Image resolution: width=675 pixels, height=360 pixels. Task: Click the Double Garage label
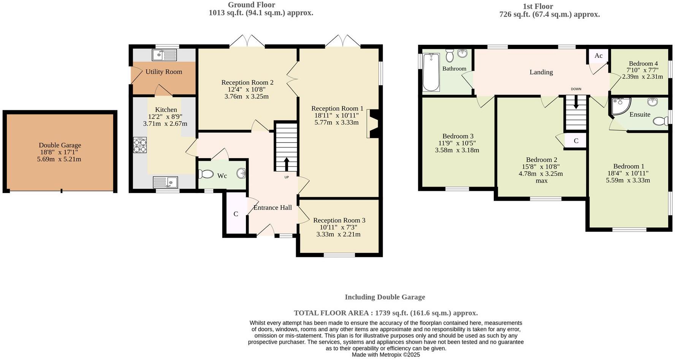(60, 145)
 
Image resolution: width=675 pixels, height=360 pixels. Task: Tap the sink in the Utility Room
(164, 55)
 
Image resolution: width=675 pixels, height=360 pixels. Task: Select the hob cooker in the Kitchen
(139, 145)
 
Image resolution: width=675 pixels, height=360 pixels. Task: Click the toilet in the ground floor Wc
(206, 174)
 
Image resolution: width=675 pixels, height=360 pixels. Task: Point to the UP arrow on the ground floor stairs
(286, 164)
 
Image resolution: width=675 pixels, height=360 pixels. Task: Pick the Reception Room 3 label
(339, 220)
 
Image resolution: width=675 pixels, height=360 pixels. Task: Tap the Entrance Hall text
(273, 208)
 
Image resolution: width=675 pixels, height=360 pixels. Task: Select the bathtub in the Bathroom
(431, 72)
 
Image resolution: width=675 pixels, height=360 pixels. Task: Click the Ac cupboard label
(598, 56)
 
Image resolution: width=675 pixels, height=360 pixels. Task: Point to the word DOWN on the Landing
(576, 89)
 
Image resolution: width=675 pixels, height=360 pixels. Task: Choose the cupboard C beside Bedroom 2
(576, 141)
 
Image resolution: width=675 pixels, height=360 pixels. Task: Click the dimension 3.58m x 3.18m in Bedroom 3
(457, 150)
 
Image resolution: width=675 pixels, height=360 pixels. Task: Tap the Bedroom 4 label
(643, 63)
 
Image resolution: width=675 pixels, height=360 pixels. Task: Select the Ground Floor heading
(251, 5)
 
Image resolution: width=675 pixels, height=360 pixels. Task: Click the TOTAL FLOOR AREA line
(385, 313)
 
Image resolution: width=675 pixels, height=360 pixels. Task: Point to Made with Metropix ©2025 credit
(385, 355)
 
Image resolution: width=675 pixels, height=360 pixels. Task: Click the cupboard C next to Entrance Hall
(236, 214)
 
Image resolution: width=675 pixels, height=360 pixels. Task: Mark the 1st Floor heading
(538, 6)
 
